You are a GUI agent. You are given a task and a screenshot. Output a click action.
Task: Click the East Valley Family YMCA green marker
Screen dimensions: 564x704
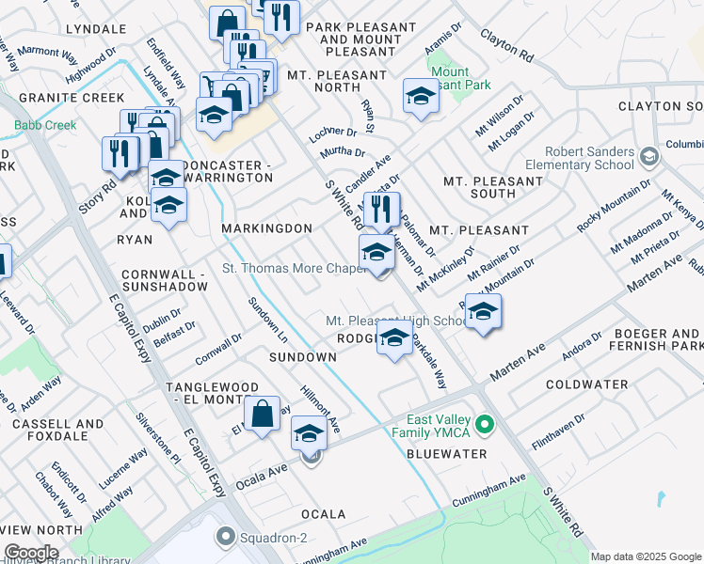485,425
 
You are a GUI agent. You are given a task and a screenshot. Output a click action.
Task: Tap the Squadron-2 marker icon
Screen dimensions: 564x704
224,538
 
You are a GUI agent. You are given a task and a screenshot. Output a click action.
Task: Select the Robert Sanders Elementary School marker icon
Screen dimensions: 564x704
647,155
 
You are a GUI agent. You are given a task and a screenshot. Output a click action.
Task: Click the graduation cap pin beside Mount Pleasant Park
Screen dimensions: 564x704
421,96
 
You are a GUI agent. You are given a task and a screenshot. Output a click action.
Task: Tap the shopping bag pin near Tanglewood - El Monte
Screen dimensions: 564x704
262,413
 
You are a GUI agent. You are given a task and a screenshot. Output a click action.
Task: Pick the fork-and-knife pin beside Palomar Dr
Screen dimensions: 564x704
380,211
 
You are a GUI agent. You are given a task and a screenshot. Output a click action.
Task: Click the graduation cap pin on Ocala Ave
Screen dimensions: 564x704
308,432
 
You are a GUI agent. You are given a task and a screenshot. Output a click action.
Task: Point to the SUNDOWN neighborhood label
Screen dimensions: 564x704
302,357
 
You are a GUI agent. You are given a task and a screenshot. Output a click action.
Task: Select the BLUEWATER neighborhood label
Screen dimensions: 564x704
446,454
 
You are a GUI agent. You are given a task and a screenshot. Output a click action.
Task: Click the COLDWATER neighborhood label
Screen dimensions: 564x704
585,384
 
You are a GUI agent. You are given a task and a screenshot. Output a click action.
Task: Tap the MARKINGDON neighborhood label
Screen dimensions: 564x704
266,228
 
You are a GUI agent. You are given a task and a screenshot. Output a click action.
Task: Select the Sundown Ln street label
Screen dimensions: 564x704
267,320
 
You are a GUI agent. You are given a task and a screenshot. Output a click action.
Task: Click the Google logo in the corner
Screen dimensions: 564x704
31,553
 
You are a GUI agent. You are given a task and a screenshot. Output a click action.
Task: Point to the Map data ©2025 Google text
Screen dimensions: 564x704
645,556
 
